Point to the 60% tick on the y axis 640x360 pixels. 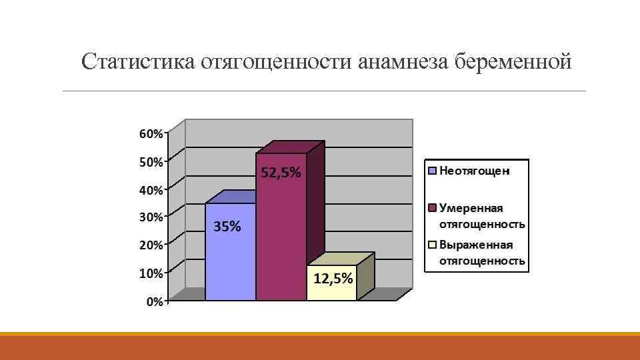pos(150,133)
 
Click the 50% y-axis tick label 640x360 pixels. pos(150,161)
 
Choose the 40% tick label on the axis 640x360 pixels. pos(150,189)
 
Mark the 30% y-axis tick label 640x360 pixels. pos(150,217)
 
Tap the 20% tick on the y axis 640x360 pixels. pos(150,245)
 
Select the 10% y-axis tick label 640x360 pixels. pos(150,273)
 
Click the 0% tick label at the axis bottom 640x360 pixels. pos(153,301)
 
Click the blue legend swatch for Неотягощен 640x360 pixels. pos(432,171)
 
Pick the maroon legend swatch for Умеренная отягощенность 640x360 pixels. pos(432,208)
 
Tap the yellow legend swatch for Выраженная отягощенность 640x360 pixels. pos(432,245)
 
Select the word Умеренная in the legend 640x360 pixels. pos(471,208)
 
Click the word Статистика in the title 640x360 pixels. pos(136,63)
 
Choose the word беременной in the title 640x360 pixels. pos(513,63)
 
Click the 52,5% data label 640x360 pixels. pos(280,173)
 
